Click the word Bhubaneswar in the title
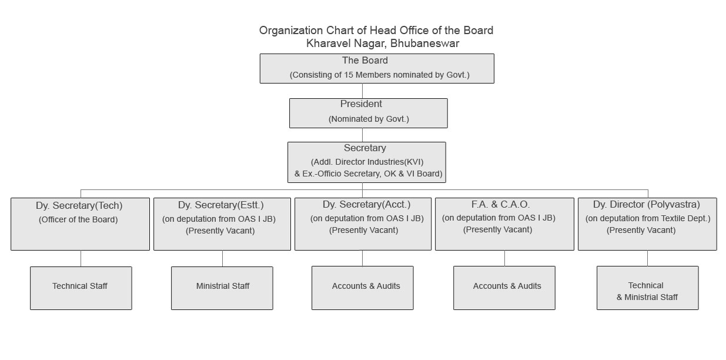tap(424, 44)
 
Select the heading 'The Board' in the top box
tap(365, 61)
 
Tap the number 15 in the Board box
tap(349, 75)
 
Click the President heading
tap(361, 104)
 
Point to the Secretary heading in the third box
tap(365, 148)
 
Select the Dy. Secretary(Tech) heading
tap(79, 206)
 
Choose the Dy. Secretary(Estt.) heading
tap(220, 205)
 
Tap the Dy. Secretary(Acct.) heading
tap(367, 204)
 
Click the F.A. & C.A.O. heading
tap(500, 204)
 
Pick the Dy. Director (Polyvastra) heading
tap(647, 204)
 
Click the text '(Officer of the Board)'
tap(78, 219)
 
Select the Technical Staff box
tap(81, 288)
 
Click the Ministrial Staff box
tap(222, 288)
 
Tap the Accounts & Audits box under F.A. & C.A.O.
tap(504, 288)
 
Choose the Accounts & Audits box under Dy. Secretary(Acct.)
tap(362, 288)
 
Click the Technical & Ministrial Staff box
tap(648, 288)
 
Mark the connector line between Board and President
tap(362, 91)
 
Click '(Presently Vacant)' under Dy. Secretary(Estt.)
tap(220, 231)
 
